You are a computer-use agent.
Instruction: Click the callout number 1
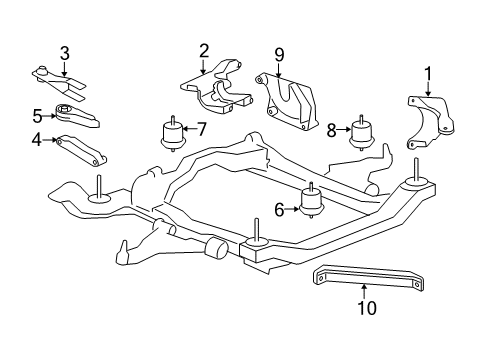click(x=428, y=72)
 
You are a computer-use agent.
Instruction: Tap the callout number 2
click(x=203, y=50)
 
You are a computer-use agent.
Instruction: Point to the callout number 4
click(x=36, y=140)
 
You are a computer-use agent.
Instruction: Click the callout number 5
click(x=36, y=114)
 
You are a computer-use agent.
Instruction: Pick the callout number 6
click(x=281, y=209)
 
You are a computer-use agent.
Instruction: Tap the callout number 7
click(x=201, y=128)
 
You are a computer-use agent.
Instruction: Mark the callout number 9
click(x=280, y=55)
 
